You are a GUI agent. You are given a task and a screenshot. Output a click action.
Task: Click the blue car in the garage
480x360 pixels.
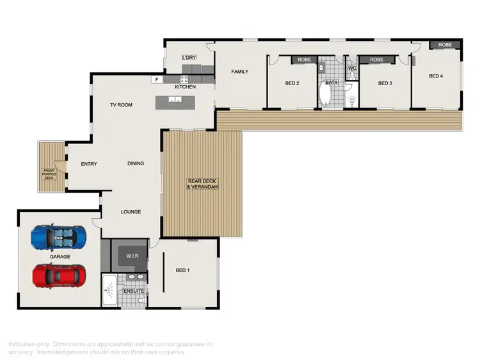(58, 237)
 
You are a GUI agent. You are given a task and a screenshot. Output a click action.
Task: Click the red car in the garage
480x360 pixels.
(58, 275)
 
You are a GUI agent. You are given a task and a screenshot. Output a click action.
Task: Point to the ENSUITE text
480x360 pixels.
(134, 291)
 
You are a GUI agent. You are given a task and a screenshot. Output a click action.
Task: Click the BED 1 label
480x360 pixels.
(183, 270)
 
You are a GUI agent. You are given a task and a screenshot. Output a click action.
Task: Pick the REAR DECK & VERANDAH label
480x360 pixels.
(203, 184)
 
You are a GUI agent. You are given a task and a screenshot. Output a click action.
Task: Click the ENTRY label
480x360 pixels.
(89, 164)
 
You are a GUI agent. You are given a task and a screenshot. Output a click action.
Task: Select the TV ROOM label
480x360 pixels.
(121, 104)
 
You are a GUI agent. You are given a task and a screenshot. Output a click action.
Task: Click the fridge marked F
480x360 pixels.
(156, 79)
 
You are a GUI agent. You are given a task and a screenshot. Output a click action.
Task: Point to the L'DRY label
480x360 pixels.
(189, 58)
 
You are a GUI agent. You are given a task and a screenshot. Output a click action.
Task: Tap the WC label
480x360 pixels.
(352, 69)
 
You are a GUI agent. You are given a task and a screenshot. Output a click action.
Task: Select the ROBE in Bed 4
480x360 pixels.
(445, 45)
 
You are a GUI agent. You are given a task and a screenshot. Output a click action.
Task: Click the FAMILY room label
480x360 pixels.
(239, 72)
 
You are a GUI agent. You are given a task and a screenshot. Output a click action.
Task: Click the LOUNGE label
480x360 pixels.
(131, 212)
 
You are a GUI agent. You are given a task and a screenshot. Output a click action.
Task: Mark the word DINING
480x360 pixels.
(135, 163)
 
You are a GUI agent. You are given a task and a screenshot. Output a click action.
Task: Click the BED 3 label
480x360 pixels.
(384, 83)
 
